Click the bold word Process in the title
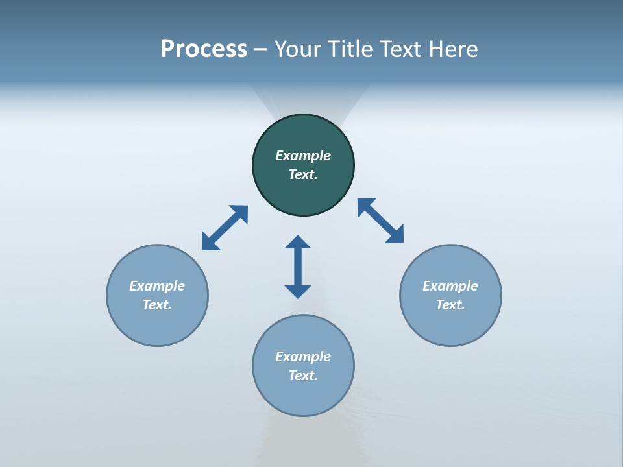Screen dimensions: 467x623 tap(204, 49)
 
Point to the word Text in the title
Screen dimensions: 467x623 tap(404, 49)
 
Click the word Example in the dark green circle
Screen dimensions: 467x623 tap(303, 156)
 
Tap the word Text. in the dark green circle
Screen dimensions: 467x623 tap(303, 174)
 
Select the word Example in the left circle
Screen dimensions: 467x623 tap(157, 286)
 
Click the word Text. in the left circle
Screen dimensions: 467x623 tap(157, 305)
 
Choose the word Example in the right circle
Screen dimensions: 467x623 tap(450, 286)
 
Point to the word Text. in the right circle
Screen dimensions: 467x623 tap(450, 305)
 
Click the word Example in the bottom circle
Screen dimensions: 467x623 tap(303, 357)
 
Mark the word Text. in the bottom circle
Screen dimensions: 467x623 tap(303, 376)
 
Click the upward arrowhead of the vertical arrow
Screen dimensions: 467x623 tap(298, 242)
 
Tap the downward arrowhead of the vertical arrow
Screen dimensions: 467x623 tap(298, 291)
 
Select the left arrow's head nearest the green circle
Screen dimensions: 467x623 tap(240, 213)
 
